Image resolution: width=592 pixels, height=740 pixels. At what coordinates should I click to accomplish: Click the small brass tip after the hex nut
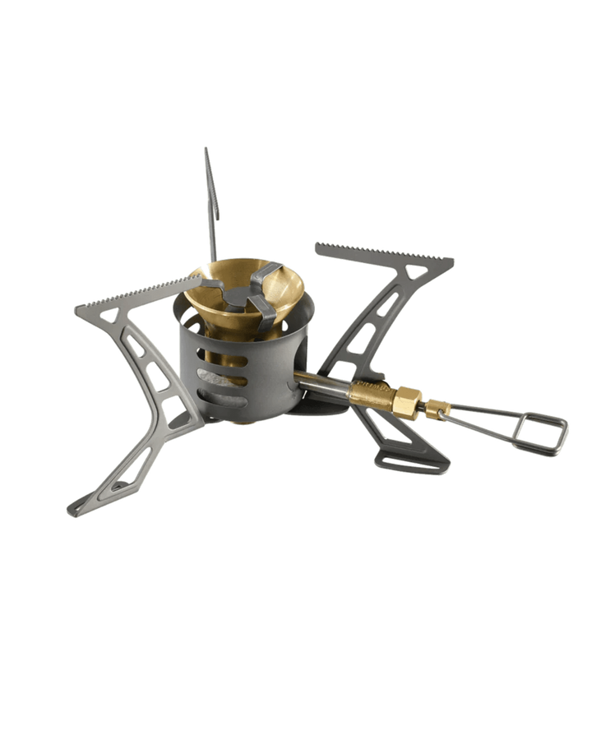(x=428, y=406)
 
